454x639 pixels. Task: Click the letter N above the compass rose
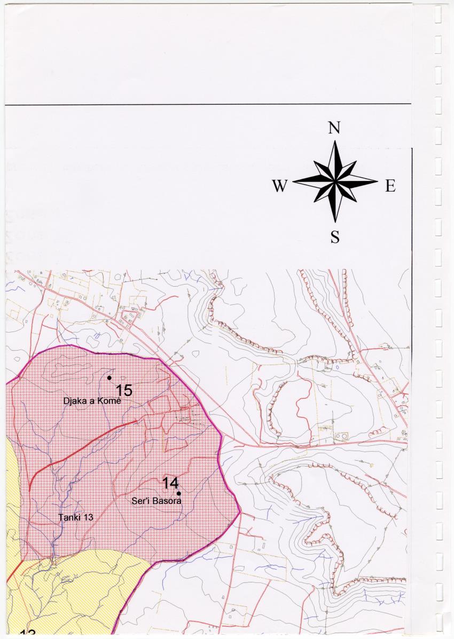coord(334,128)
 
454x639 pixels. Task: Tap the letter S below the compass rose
coord(335,237)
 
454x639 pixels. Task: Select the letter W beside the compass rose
coord(279,186)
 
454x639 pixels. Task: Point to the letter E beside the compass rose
coord(390,186)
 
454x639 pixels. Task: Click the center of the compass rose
coord(335,182)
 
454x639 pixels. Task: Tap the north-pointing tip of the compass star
coord(335,141)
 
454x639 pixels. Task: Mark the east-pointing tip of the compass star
coord(377,182)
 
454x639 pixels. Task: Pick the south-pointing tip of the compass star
coord(335,222)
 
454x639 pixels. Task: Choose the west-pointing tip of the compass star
coord(293,182)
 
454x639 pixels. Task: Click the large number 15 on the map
coord(124,390)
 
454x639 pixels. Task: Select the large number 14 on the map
coord(170,483)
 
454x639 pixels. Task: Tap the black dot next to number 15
coord(109,377)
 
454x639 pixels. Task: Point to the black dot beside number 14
coord(178,493)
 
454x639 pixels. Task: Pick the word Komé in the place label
coord(111,401)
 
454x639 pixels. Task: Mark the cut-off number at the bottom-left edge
coord(28,634)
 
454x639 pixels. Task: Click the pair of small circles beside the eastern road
coord(340,436)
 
